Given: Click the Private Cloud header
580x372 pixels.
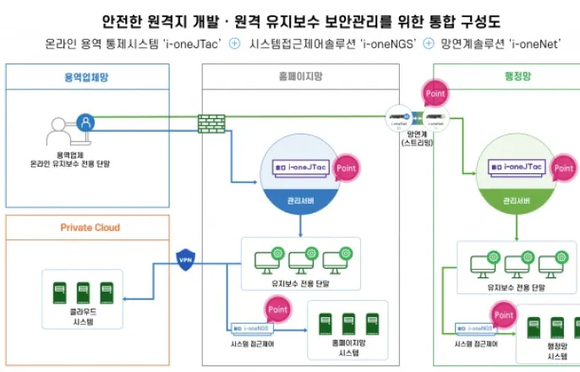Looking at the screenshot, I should point(90,227).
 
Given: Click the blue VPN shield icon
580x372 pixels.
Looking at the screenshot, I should point(186,259).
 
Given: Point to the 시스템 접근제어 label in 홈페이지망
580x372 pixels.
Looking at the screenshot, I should point(251,345).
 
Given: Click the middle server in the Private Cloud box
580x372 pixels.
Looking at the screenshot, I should point(71,287).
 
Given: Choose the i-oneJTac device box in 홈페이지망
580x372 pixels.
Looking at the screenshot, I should point(302,169).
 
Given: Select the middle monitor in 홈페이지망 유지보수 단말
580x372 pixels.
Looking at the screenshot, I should point(301,261).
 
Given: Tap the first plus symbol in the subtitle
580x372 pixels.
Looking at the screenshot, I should point(234,44).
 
